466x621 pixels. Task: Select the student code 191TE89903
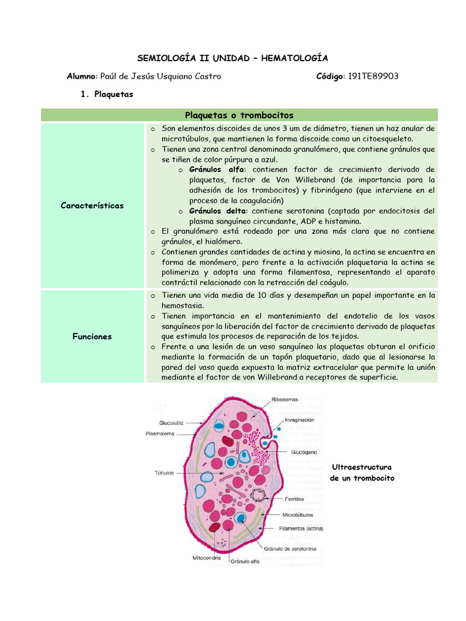click(374, 76)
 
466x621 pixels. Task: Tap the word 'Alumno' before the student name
click(81, 76)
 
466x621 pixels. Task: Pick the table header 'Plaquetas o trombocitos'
click(239, 115)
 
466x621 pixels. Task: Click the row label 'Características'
click(92, 205)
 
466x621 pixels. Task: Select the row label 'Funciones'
click(92, 336)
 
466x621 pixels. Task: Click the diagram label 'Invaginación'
click(300, 420)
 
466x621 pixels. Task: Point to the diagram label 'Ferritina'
click(295, 499)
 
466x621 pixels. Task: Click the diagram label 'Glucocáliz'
click(172, 422)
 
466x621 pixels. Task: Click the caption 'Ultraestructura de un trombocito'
click(362, 473)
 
